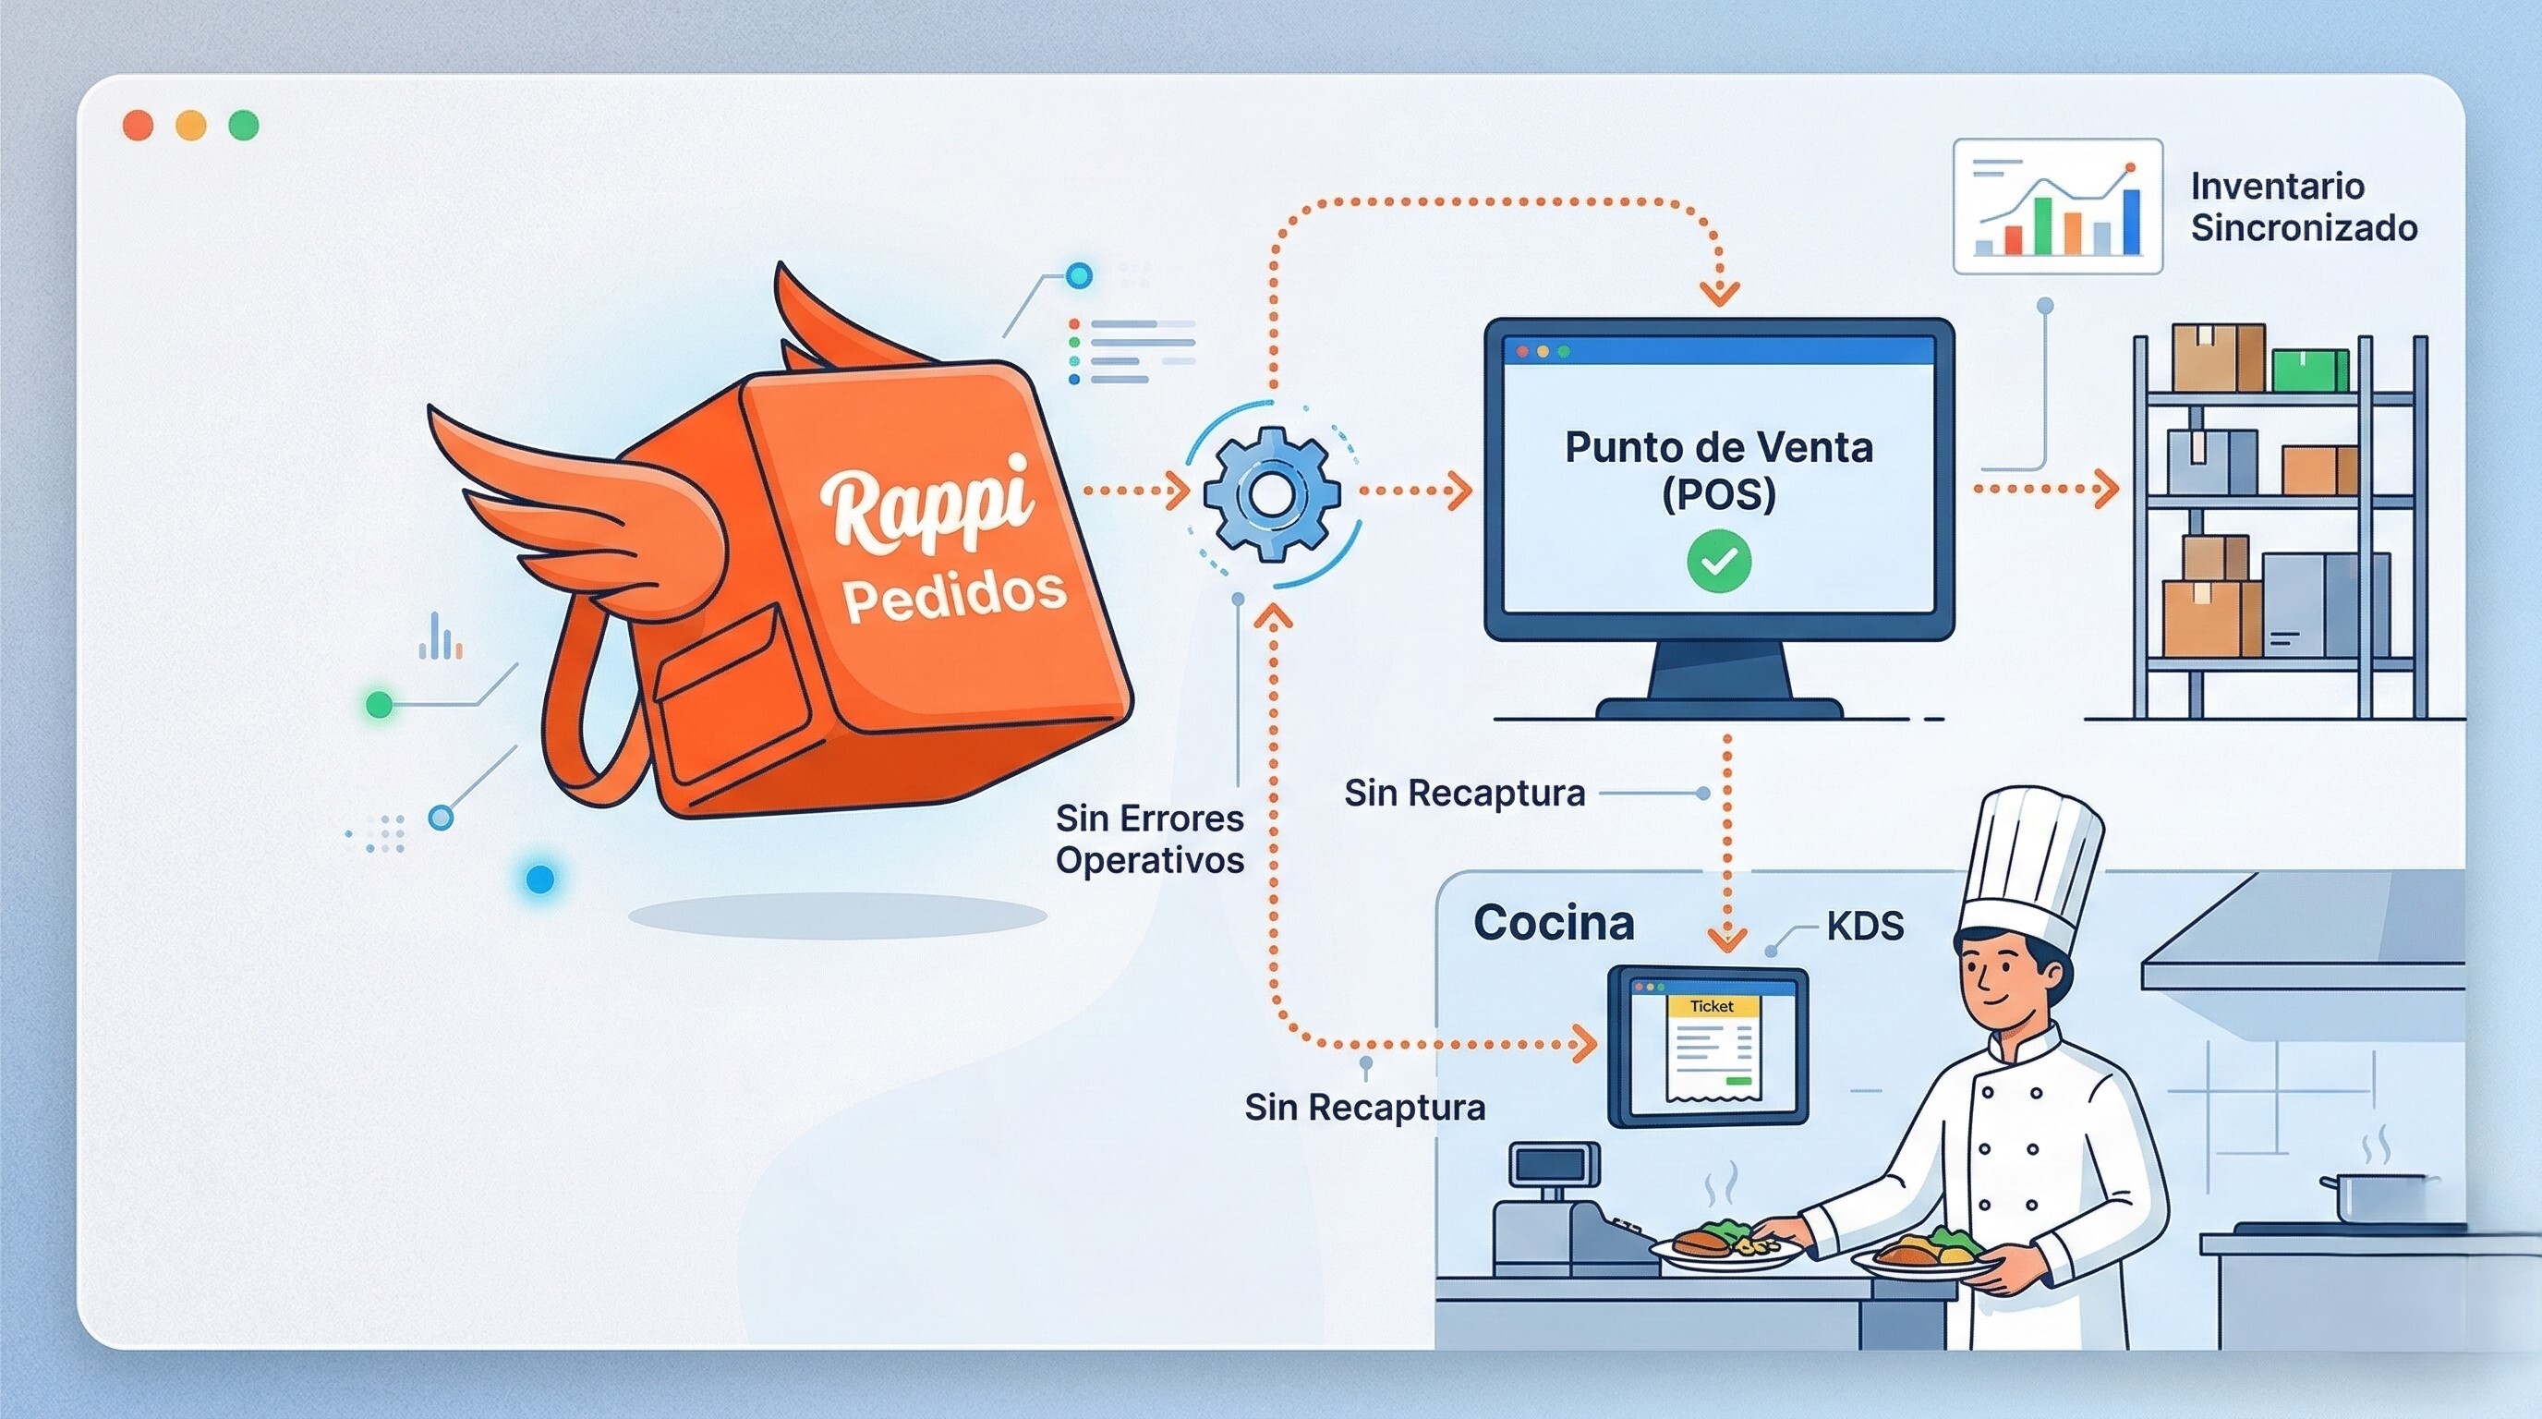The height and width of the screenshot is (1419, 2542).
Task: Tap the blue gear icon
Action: click(1271, 492)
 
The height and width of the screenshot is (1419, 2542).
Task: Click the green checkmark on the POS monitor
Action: click(1719, 562)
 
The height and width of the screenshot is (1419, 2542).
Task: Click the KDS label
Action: click(1864, 927)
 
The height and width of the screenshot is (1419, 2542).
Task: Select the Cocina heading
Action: click(1554, 924)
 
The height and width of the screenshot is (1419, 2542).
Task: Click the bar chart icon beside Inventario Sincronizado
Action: click(2057, 206)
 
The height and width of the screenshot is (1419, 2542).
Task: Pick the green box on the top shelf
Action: click(2309, 370)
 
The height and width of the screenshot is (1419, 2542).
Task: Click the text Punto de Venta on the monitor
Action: click(1718, 448)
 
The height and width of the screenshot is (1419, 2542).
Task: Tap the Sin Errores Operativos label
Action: click(1150, 839)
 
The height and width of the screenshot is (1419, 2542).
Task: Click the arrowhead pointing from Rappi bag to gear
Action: click(1179, 491)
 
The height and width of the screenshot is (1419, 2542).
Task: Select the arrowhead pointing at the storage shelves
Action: click(2105, 489)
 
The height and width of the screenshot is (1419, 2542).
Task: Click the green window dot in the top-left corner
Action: click(243, 126)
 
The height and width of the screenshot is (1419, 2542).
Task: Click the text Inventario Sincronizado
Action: click(2302, 206)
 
